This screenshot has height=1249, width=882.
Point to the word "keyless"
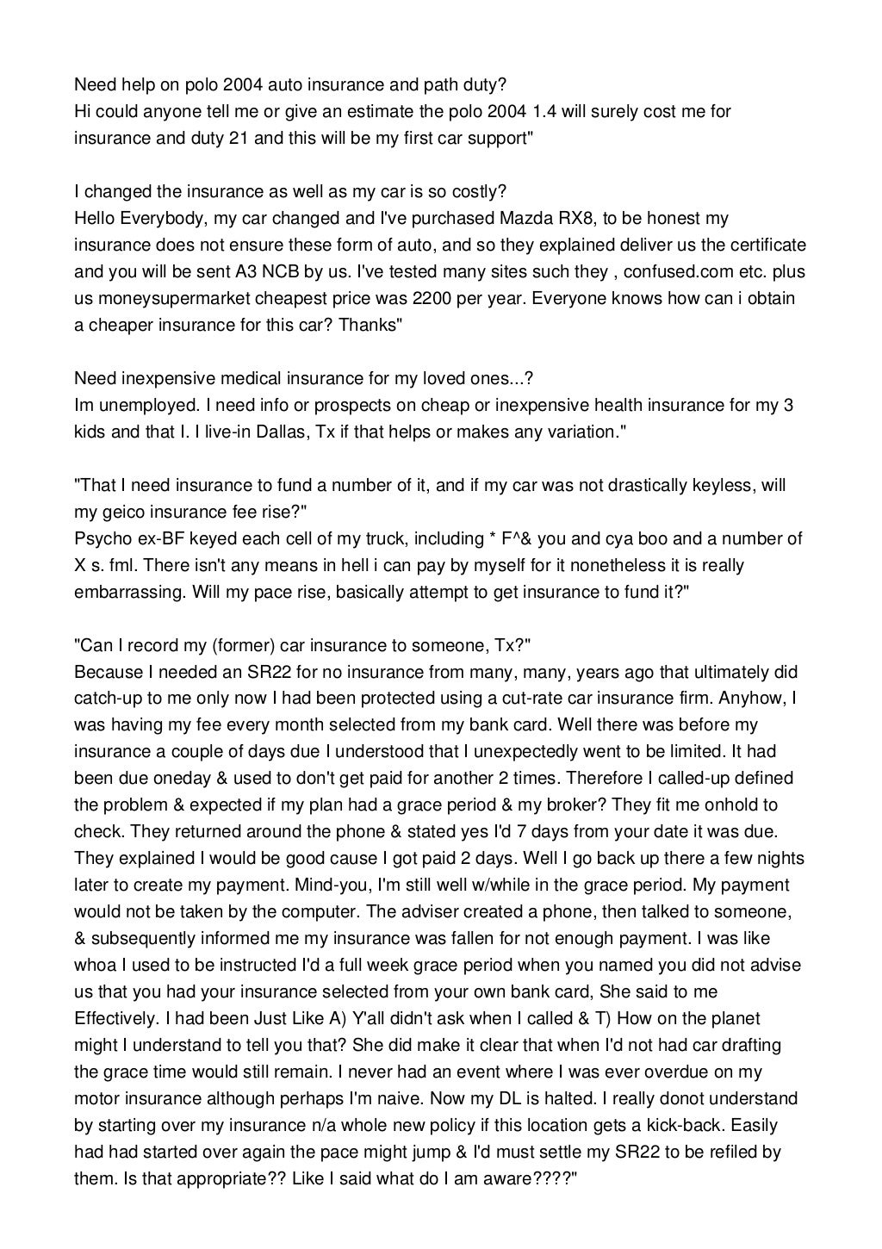coord(723,485)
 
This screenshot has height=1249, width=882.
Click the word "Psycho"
coord(102,538)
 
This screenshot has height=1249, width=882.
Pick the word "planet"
coord(733,1018)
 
